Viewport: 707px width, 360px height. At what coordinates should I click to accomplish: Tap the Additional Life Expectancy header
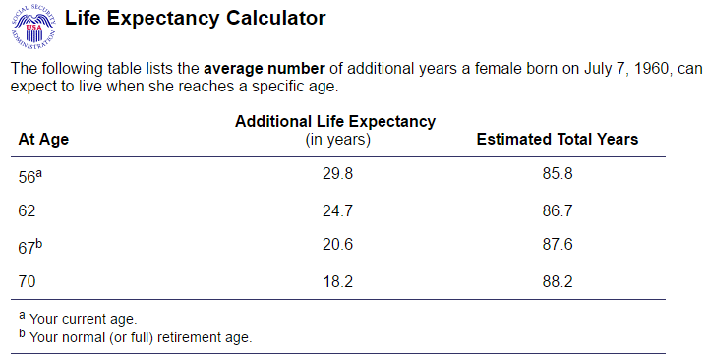pyautogui.click(x=335, y=121)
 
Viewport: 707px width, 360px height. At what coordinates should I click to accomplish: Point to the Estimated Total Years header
pyautogui.click(x=557, y=139)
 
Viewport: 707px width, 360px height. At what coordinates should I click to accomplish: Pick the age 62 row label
pyautogui.click(x=28, y=210)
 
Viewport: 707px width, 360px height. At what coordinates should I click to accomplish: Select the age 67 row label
pyautogui.click(x=29, y=246)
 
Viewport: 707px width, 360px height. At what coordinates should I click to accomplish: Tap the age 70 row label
pyautogui.click(x=28, y=281)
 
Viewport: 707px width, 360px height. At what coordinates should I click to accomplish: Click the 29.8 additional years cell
pyautogui.click(x=337, y=174)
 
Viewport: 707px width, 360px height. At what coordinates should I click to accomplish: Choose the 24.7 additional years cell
pyautogui.click(x=337, y=210)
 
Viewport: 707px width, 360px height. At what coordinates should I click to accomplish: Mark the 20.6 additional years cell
pyautogui.click(x=337, y=246)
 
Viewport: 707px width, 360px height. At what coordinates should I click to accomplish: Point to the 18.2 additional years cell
pyautogui.click(x=337, y=281)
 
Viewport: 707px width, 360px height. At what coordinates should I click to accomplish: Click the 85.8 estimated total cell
pyautogui.click(x=557, y=174)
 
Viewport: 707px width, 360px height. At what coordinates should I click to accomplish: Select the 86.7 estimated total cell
pyautogui.click(x=557, y=210)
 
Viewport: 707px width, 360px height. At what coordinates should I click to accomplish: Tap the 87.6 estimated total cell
pyautogui.click(x=557, y=246)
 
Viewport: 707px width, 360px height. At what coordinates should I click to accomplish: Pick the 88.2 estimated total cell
pyautogui.click(x=557, y=281)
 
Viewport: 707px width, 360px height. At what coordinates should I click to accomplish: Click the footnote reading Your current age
pyautogui.click(x=83, y=319)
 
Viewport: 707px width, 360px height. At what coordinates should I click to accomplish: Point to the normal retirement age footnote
pyautogui.click(x=140, y=337)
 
